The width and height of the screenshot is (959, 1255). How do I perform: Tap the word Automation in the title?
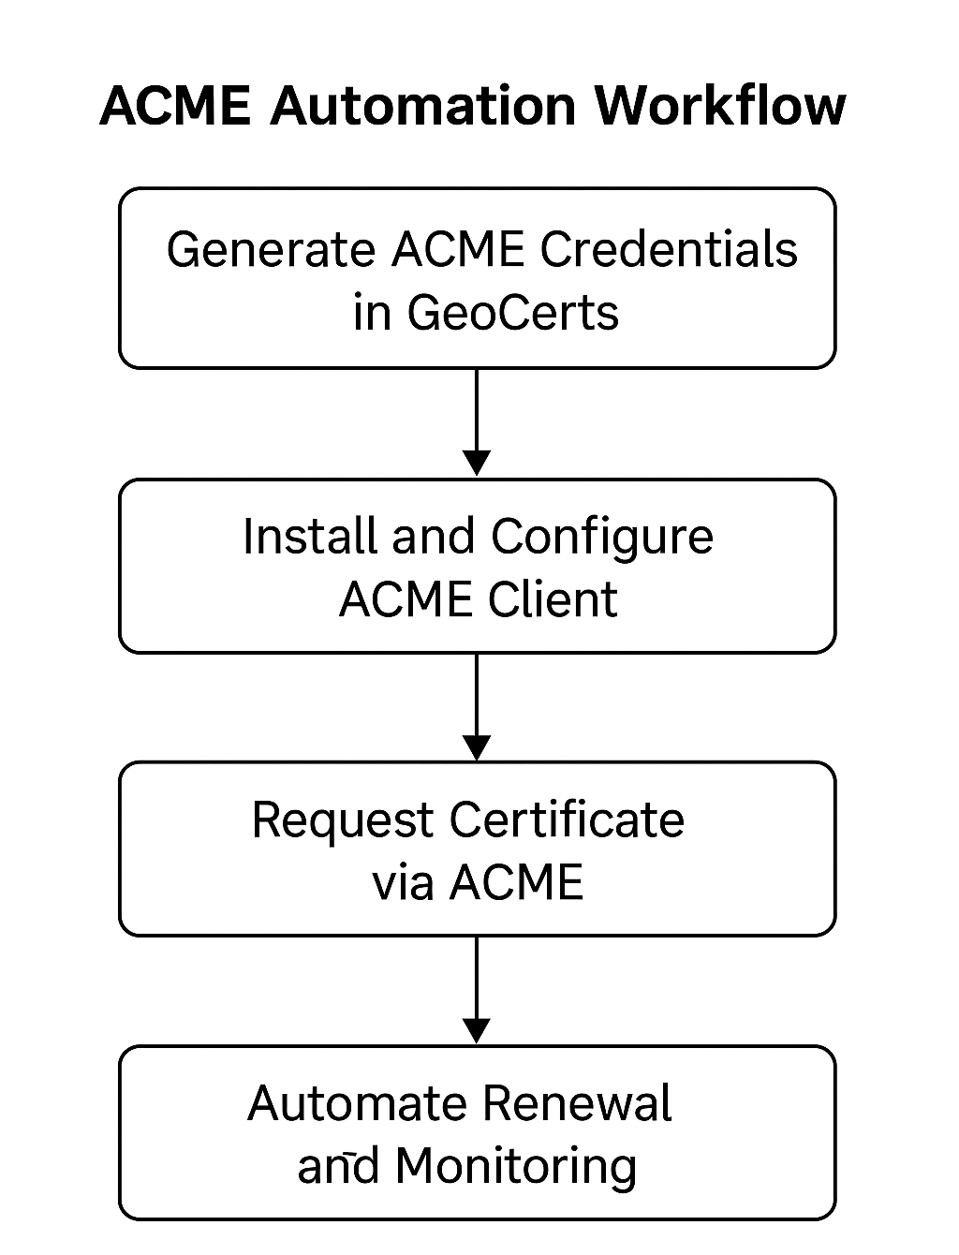point(422,105)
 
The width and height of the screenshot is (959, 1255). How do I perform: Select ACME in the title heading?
point(175,105)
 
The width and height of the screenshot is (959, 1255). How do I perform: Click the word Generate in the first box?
point(270,251)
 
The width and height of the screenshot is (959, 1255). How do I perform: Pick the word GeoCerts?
point(513,312)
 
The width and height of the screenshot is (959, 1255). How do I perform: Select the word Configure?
point(602,539)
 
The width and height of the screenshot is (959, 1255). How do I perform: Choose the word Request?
point(344,821)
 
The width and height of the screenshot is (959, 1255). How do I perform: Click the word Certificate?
point(567,819)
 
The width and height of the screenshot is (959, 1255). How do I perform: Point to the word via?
point(403,882)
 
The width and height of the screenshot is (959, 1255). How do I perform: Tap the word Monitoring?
point(516,1167)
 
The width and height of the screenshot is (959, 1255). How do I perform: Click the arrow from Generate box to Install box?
point(477,421)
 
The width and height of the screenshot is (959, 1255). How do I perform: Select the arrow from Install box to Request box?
point(477,706)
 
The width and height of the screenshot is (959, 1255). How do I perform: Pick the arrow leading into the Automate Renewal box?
point(477,989)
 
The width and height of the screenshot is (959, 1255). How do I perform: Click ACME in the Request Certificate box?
point(516,882)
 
